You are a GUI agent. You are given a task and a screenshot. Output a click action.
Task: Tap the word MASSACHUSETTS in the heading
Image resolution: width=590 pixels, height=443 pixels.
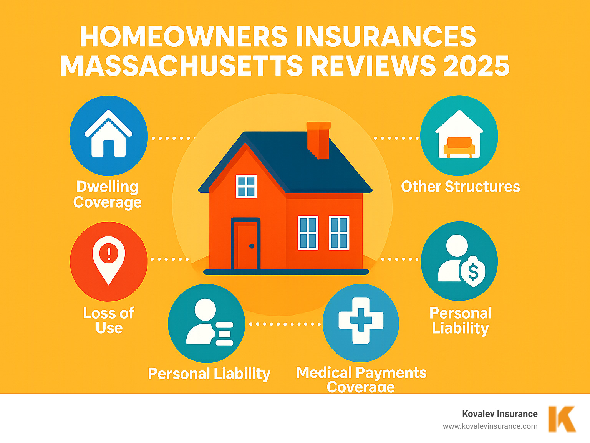[181, 66]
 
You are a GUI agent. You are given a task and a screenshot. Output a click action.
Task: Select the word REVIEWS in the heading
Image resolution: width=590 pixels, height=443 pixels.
[373, 66]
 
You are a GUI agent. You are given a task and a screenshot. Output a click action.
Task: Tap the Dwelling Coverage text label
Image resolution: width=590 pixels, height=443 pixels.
[108, 194]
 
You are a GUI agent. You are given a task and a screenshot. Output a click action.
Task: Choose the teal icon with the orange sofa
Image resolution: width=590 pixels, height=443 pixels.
[459, 136]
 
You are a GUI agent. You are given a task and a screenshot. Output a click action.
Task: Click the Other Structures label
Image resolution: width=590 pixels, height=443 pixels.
[460, 187]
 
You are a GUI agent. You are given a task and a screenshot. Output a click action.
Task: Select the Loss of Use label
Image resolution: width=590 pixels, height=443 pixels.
[109, 320]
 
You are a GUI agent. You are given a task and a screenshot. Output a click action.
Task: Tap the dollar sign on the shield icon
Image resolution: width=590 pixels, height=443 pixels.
[473, 272]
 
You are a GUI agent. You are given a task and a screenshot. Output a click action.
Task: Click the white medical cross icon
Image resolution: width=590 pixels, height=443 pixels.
[361, 321]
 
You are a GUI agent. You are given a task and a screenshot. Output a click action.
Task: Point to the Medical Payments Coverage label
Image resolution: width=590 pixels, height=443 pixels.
[361, 379]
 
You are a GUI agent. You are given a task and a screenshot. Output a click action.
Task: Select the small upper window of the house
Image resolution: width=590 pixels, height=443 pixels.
[246, 187]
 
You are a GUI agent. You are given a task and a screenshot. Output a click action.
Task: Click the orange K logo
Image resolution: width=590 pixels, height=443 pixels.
[562, 419]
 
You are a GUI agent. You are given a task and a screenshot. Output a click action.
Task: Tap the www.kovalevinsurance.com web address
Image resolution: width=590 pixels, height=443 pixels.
[490, 426]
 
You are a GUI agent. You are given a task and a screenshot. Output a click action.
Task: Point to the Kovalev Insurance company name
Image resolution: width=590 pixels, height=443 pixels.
[500, 414]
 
